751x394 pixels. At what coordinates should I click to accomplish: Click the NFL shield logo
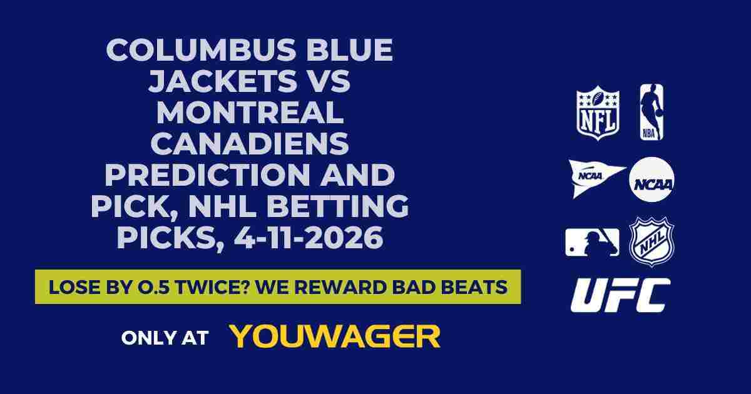598,113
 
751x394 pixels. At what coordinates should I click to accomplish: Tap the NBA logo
651,113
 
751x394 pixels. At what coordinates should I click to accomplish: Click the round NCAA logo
651,179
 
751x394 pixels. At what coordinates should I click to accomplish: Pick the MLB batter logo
592,242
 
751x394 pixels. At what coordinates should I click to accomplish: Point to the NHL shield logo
651,241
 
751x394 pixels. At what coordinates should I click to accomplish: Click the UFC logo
620,295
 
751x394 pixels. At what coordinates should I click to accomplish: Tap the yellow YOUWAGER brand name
335,336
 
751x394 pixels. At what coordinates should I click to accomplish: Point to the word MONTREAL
250,113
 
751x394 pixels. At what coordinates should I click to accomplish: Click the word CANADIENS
250,144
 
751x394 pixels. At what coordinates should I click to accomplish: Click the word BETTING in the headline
339,207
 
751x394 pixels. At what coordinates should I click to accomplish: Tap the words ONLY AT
165,337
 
